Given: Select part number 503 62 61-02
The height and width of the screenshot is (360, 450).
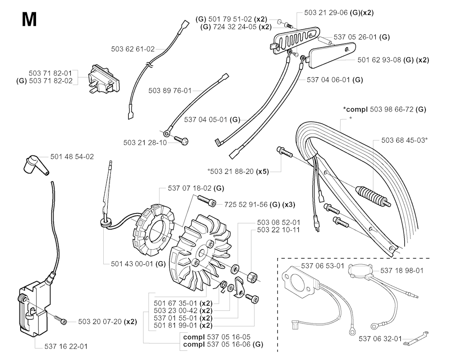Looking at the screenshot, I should point(133,49).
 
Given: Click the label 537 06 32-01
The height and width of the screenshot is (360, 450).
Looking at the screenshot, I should point(380,338).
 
